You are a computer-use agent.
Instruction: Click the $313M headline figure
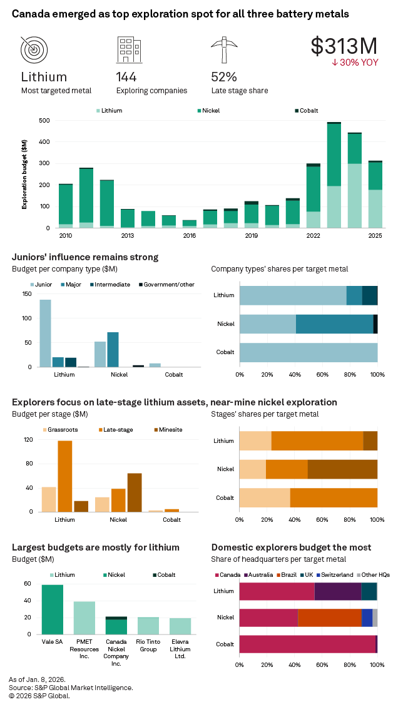click(344, 46)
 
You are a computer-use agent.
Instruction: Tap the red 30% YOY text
click(355, 63)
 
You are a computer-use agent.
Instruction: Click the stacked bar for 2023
click(334, 175)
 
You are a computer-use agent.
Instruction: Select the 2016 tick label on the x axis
click(190, 236)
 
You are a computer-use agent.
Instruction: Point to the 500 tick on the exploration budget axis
click(44, 120)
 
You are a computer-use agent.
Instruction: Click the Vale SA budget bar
click(53, 609)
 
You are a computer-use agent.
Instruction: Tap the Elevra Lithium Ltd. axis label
click(180, 644)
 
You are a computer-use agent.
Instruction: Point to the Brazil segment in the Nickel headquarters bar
click(330, 618)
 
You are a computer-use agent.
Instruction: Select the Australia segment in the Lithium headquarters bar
click(338, 591)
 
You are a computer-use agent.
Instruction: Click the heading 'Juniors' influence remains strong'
click(85, 257)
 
